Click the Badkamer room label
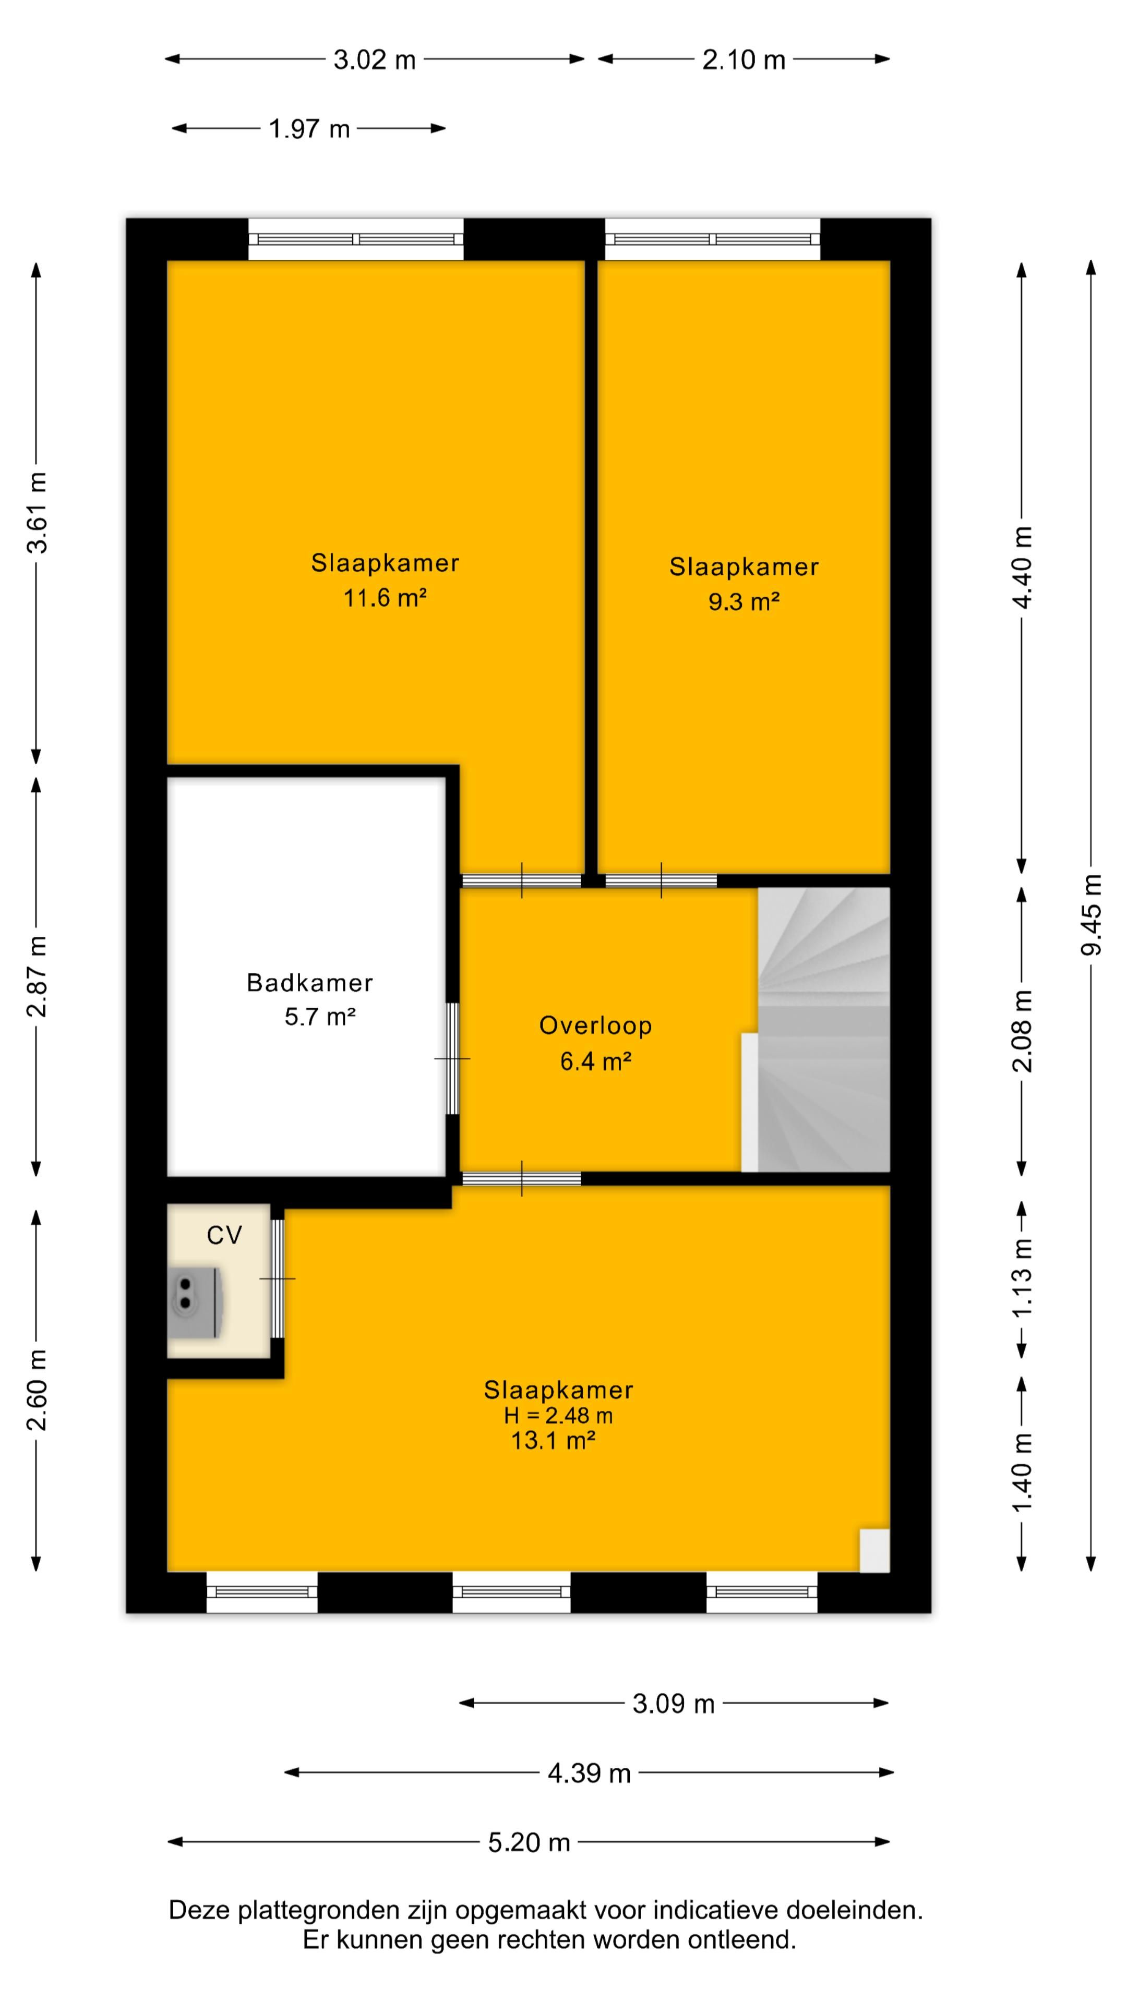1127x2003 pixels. click(309, 983)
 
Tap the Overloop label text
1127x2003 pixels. click(596, 1025)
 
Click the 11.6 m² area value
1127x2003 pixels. click(385, 598)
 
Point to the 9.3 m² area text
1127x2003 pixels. click(744, 602)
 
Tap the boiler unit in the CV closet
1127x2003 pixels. click(196, 1303)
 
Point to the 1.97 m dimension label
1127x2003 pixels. click(309, 128)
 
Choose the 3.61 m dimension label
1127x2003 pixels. click(37, 512)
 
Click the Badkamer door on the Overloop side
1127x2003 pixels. click(452, 1059)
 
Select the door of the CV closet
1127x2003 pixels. click(277, 1278)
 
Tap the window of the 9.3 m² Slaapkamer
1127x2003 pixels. click(712, 239)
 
